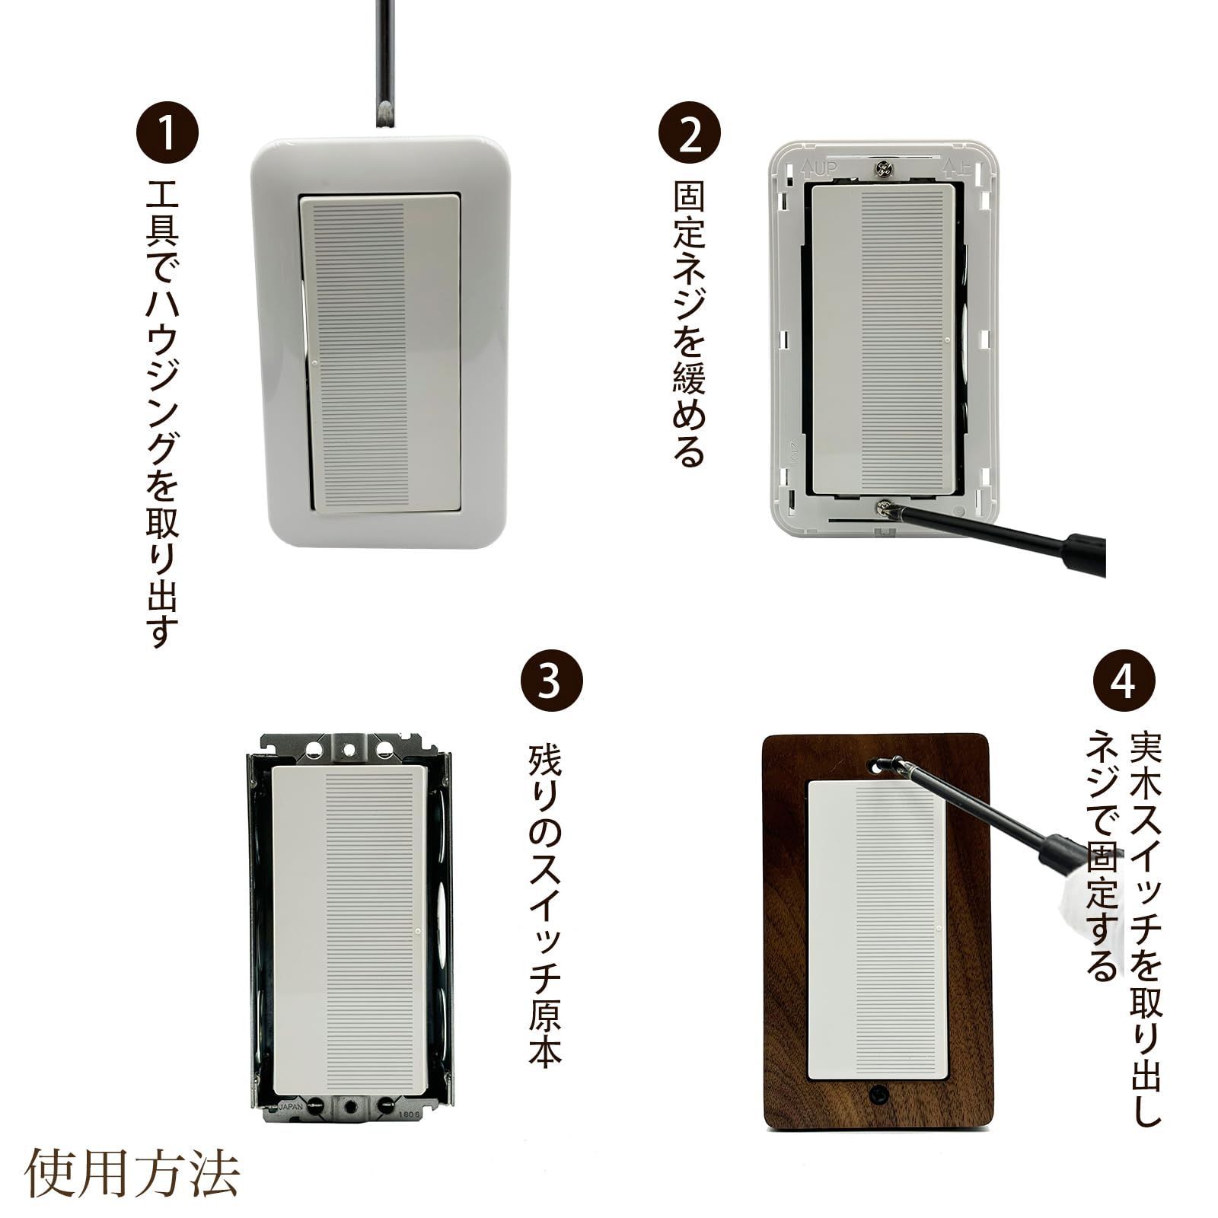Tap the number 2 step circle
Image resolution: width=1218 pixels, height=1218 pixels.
689,135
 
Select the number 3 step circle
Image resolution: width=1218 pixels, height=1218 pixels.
552,682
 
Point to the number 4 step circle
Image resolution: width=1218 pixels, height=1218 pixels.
1124,682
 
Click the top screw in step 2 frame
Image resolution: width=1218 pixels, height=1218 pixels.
884,169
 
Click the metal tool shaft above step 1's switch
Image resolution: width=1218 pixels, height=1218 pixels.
384,61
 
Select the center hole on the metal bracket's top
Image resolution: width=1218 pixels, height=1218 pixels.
349,751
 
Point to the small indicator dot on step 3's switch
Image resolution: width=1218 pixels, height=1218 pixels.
417,929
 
